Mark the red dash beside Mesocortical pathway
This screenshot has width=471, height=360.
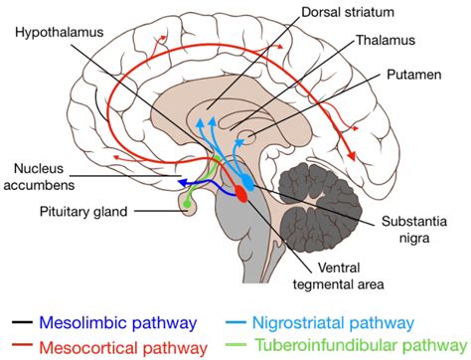[20, 346]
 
